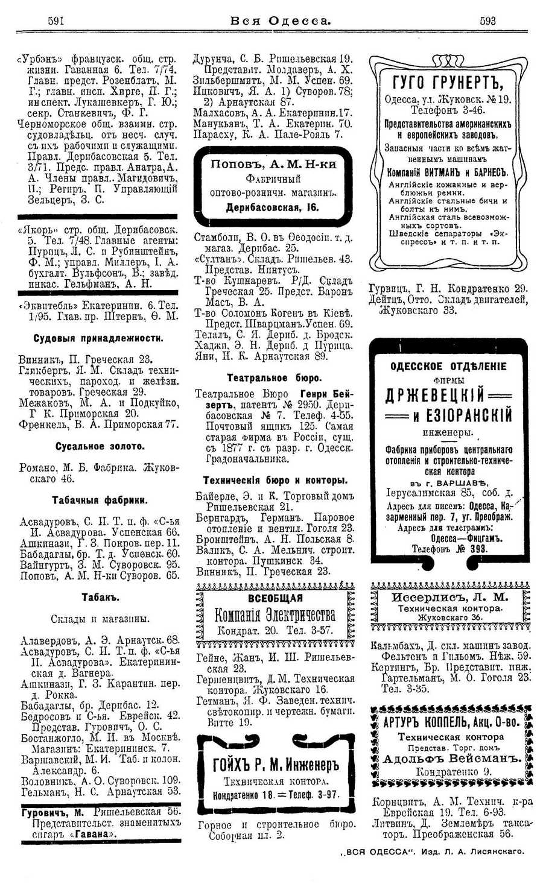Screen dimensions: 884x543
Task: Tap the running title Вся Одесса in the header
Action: [281, 21]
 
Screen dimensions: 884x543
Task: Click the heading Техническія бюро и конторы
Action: [275, 481]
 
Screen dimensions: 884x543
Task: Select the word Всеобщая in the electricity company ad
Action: [275, 598]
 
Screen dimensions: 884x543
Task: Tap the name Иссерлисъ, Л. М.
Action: [449, 598]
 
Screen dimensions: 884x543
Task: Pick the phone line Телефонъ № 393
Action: [449, 549]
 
